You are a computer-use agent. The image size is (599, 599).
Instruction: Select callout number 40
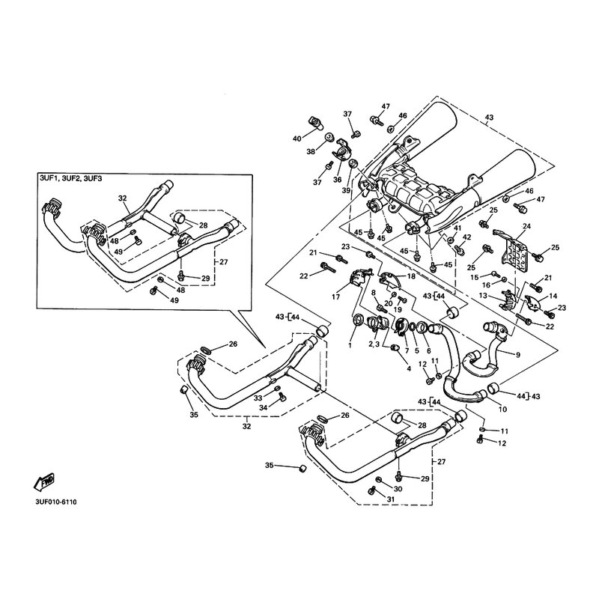[x=297, y=139]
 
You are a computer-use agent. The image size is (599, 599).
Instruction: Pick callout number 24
[x=526, y=226]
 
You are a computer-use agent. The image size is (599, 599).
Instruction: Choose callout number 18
[x=411, y=276]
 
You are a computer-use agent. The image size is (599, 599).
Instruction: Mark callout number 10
[x=502, y=410]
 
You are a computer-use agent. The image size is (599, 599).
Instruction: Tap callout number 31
[x=390, y=499]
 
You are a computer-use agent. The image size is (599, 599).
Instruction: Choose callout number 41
[x=457, y=227]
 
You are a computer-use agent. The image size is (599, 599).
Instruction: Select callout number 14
[x=554, y=297]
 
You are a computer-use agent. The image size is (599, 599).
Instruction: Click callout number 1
[x=349, y=344]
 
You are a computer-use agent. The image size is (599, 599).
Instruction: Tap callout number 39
[x=347, y=190]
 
